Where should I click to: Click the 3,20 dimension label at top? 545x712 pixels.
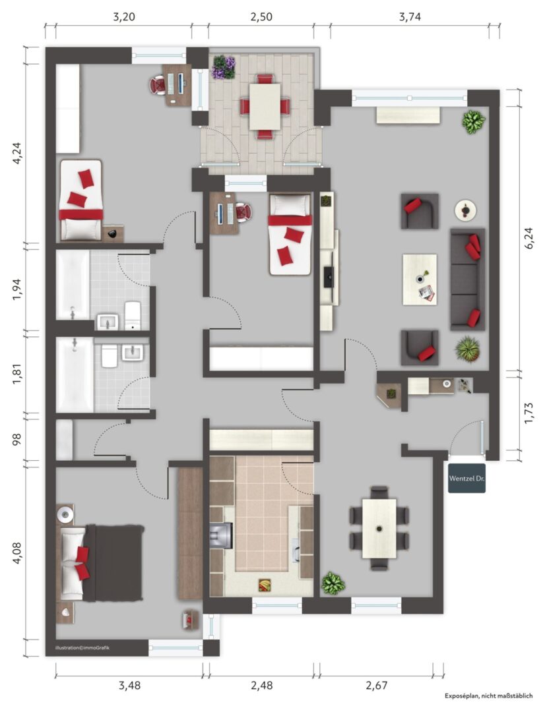click(x=123, y=17)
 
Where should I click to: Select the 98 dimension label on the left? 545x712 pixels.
click(x=17, y=439)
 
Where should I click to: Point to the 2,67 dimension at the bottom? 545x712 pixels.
click(x=377, y=685)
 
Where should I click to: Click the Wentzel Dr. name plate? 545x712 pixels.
click(x=467, y=478)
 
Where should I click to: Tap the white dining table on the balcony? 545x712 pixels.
click(x=265, y=106)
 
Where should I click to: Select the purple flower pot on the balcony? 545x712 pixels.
click(x=224, y=67)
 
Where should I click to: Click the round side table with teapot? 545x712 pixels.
click(x=465, y=210)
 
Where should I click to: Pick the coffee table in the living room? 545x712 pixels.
click(x=420, y=280)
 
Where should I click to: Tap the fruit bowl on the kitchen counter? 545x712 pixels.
click(x=264, y=585)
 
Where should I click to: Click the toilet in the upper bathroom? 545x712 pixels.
click(x=133, y=314)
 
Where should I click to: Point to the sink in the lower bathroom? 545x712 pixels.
click(x=133, y=352)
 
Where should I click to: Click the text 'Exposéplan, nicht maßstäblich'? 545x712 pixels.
click(x=489, y=696)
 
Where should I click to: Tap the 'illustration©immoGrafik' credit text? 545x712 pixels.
click(x=82, y=647)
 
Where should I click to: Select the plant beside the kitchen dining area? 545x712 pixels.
click(x=333, y=583)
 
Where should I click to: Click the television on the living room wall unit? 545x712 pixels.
click(x=329, y=276)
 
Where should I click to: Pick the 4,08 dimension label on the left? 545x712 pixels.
click(x=17, y=552)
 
